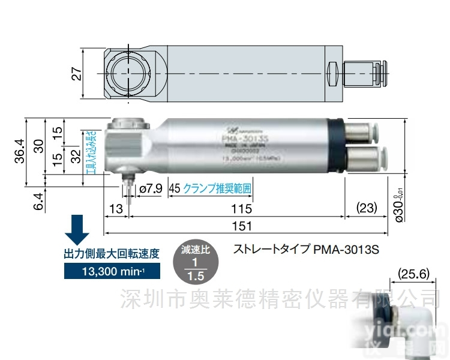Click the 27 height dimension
tap(76, 73)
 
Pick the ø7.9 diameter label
tap(151, 188)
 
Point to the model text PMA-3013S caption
tap(307, 247)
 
